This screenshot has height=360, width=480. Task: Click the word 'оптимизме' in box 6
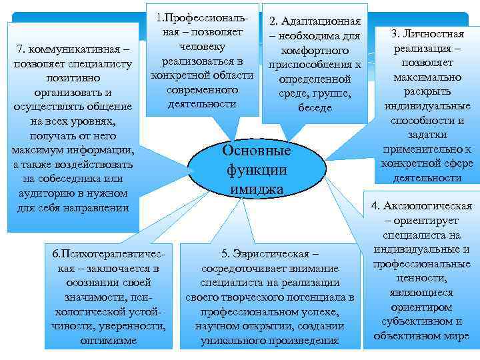tap(108, 341)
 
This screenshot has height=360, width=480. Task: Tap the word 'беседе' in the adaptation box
tap(315, 107)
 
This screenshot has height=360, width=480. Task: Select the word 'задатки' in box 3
tap(427, 135)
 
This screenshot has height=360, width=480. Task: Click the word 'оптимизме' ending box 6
tap(108, 341)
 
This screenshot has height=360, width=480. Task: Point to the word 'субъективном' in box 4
tap(422, 321)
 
